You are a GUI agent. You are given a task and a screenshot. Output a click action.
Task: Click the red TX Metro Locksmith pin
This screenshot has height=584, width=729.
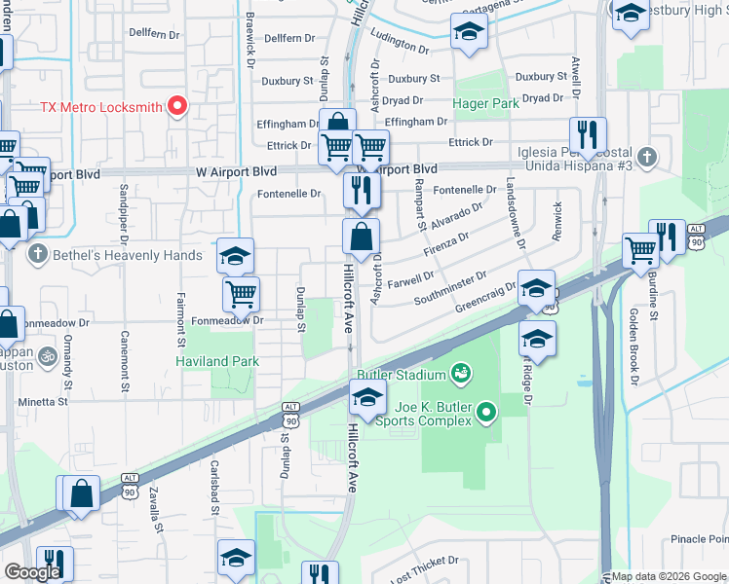pos(177,105)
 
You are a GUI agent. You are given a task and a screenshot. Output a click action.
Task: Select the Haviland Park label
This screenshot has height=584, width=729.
pos(216,361)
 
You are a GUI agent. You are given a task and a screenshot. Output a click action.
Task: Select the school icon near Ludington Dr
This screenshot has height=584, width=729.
pos(469,31)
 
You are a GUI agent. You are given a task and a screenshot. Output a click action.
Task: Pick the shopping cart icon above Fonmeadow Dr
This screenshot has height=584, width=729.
pos(241,293)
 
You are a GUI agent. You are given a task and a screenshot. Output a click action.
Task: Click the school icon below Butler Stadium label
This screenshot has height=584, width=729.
pos(367,397)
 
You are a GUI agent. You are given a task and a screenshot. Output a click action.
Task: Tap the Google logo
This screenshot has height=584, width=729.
pos(31,572)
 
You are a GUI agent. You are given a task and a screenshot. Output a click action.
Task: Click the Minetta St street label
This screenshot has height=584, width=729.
pos(43,401)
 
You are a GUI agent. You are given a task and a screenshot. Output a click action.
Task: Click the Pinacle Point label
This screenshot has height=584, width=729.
pos(699,539)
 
